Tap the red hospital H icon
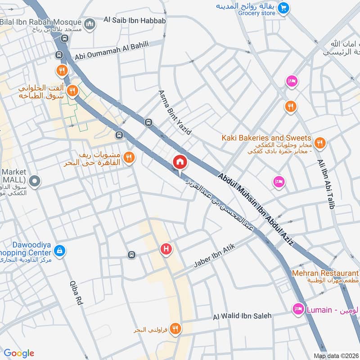[166, 248]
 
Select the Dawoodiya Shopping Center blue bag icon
[59, 250]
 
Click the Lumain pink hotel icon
[297, 309]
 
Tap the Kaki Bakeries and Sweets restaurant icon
[320, 143]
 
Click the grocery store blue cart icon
[283, 8]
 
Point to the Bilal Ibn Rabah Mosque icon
[90, 22]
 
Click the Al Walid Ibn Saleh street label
[243, 316]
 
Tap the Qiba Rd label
[76, 293]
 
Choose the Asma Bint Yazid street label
[175, 112]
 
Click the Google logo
[19, 353]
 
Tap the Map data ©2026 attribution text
[336, 355]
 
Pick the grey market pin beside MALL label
[36, 182]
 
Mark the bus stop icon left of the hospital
[131, 255]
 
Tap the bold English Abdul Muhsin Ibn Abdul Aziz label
[256, 209]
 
